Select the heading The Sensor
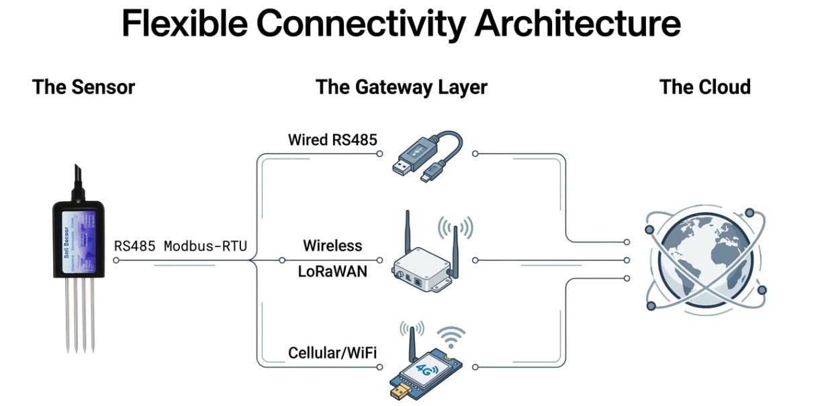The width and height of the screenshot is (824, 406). tap(83, 87)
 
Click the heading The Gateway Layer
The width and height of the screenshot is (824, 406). tap(401, 87)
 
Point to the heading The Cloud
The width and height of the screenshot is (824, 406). tap(704, 87)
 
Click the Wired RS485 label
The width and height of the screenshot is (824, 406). tap(332, 140)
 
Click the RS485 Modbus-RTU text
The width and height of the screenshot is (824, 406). tap(180, 246)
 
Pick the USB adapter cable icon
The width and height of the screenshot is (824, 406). tap(426, 156)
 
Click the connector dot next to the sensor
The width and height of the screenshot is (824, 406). tap(116, 260)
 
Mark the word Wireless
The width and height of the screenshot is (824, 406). tap(332, 246)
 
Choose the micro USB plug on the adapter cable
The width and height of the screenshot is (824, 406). tap(428, 177)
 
